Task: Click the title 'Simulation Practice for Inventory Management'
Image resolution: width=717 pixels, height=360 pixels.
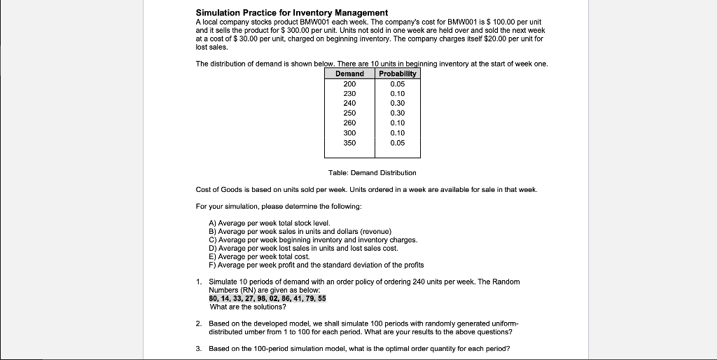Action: tap(291, 13)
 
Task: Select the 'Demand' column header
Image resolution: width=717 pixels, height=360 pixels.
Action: tap(349, 74)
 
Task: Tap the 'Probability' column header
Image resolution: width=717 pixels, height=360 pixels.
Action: tap(397, 74)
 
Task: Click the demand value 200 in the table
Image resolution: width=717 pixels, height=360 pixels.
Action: tap(349, 83)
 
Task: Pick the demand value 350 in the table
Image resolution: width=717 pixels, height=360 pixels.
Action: tap(349, 143)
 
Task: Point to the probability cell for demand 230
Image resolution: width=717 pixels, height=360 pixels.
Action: tap(397, 93)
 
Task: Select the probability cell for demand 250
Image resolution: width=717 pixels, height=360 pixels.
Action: tap(397, 113)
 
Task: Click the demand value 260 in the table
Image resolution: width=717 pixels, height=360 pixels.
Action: tap(349, 123)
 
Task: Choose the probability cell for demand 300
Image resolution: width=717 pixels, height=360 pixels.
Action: tap(397, 132)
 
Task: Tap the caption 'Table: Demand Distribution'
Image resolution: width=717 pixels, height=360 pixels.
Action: tap(372, 172)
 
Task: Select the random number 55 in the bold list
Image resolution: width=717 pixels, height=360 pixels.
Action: tap(321, 298)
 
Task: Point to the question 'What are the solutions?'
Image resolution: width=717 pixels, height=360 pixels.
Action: tap(248, 307)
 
